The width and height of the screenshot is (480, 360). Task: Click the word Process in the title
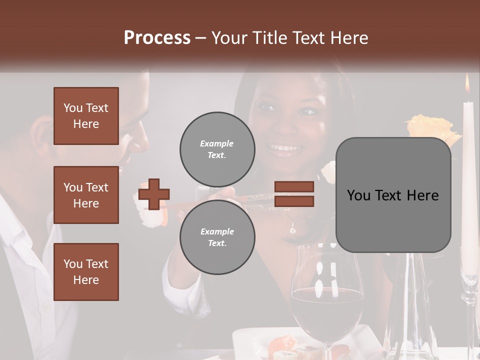[157, 37]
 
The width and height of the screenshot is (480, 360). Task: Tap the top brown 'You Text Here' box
[86, 116]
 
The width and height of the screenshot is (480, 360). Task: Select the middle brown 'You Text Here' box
[86, 195]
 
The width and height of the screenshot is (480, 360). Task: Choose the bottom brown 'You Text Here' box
[86, 272]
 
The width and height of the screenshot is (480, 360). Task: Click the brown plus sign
[153, 194]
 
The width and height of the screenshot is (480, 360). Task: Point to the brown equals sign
[294, 194]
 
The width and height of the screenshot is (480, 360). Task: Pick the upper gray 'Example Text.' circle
[217, 149]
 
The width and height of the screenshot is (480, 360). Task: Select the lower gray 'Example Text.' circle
[217, 237]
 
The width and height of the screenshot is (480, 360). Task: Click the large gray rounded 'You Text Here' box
[393, 195]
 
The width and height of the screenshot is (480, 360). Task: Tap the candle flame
[467, 84]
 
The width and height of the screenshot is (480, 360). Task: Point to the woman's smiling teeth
[283, 147]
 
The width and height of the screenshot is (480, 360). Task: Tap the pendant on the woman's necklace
[293, 230]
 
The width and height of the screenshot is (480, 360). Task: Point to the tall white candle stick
[468, 175]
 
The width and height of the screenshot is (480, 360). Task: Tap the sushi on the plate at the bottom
[282, 345]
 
